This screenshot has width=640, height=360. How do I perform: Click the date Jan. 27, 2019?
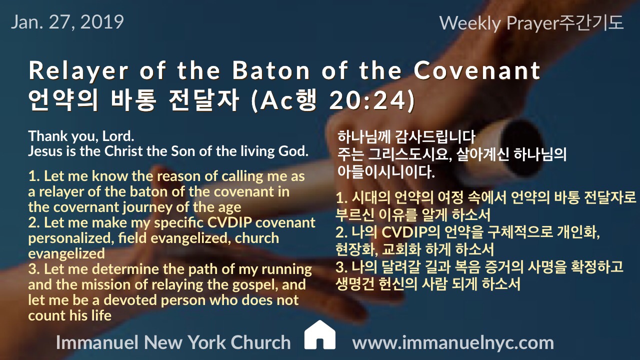[67, 22]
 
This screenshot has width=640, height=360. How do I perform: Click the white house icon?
[319, 335]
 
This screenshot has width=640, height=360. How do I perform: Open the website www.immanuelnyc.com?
[453, 342]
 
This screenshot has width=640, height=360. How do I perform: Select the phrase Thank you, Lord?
[81, 136]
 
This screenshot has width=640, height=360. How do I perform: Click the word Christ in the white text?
[123, 151]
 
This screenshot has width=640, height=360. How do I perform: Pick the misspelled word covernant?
[87, 207]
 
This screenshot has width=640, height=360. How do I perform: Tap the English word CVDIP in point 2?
[229, 223]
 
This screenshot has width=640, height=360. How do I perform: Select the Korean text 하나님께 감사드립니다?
[406, 136]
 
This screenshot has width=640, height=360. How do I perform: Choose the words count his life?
[69, 315]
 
